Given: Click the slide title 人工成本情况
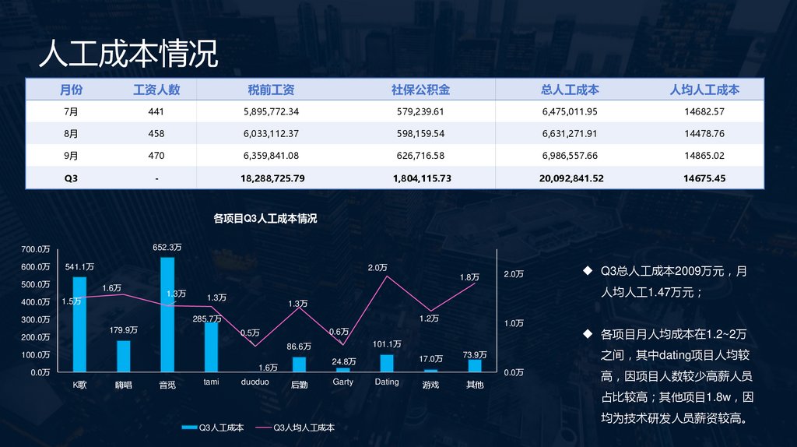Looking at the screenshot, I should point(128,55).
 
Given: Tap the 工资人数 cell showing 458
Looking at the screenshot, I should point(156,134).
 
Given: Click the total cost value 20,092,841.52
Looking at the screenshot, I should point(571,178).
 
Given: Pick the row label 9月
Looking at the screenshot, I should point(71,156).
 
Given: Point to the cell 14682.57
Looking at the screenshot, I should point(704,112).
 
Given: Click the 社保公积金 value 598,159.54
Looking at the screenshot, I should point(420,134).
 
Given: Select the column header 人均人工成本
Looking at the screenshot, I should point(704,90).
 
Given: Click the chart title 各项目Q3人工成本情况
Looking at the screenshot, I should point(265,219).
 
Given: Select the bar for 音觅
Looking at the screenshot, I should point(167,315).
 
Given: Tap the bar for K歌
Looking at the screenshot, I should point(79,324).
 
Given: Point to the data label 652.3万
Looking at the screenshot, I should point(167,248).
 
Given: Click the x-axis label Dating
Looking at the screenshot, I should point(387,382).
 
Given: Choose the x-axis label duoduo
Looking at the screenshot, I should point(255,382).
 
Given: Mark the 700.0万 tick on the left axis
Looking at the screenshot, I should point(36,249).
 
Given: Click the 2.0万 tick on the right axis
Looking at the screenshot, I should point(514,274).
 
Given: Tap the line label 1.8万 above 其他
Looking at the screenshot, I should point(469,277).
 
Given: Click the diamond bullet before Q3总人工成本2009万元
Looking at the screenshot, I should point(588,271).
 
